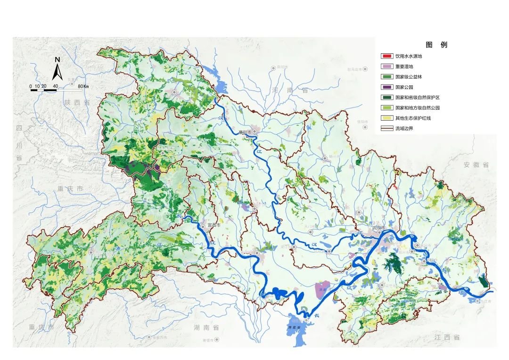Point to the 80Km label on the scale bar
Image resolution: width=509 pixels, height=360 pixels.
pos(83,86)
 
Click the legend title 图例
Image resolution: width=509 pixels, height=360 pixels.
pos(436,45)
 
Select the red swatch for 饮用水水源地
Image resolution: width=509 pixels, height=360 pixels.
pos(387,56)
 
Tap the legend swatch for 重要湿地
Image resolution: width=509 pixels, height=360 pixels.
pos(387,66)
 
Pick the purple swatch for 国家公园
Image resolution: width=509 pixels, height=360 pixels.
pos(387,87)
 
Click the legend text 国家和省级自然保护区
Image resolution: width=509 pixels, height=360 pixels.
pos(417,98)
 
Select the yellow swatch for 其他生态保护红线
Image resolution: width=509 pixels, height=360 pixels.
pos(387,118)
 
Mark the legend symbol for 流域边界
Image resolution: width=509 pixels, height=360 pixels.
pos(387,129)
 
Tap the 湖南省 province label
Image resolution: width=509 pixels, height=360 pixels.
pos(206,327)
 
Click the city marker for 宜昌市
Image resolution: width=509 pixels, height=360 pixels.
pos(203,226)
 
